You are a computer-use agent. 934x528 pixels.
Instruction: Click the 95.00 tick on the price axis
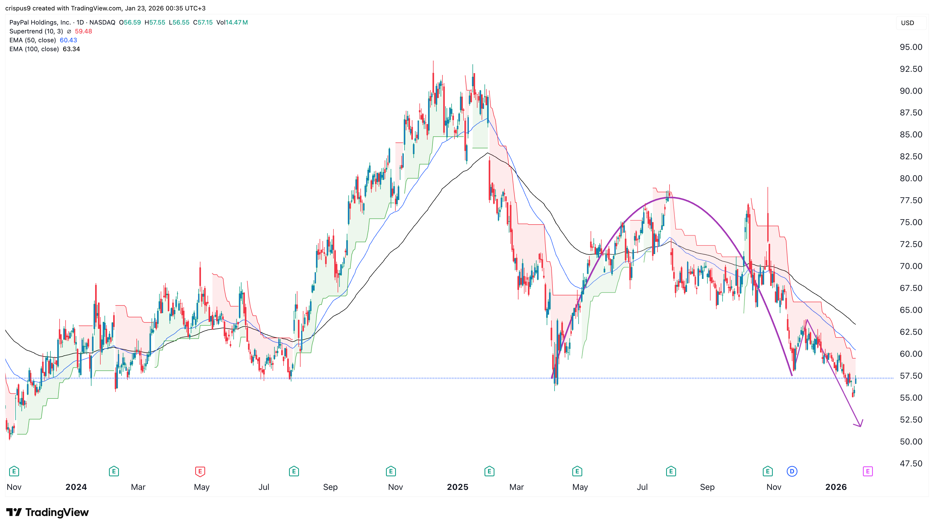click(910, 47)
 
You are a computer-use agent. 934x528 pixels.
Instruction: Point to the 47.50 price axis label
click(910, 464)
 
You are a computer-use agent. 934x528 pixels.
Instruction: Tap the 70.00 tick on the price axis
click(910, 266)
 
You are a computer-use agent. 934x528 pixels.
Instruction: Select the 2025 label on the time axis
click(457, 487)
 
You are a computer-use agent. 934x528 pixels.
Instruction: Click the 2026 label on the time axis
click(836, 487)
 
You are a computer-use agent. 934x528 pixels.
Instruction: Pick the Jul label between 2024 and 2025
click(264, 487)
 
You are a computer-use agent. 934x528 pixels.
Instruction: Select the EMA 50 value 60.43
click(68, 40)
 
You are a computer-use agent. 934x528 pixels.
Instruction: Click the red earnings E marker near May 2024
click(200, 471)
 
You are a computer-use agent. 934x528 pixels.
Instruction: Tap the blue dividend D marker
click(792, 471)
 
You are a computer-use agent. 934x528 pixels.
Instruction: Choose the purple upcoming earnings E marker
click(867, 471)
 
